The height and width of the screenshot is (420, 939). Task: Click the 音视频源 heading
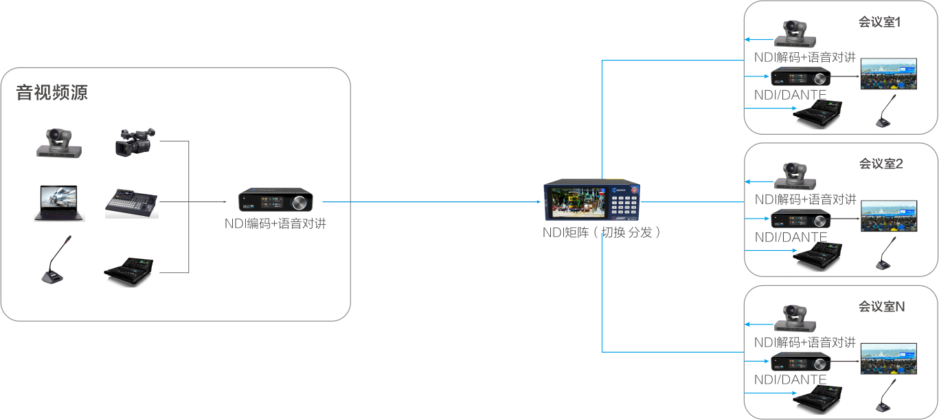pyautogui.click(x=52, y=93)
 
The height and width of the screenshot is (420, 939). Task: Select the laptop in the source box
pyautogui.click(x=59, y=203)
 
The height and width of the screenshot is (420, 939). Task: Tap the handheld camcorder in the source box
pyautogui.click(x=134, y=142)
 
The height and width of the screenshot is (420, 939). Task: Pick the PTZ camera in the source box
pyautogui.click(x=58, y=142)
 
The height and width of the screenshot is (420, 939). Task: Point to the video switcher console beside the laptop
pyautogui.click(x=131, y=203)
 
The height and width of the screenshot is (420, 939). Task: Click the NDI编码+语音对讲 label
pyautogui.click(x=275, y=223)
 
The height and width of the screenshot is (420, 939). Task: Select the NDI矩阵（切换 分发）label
pyautogui.click(x=601, y=232)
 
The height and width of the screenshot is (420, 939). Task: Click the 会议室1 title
pyautogui.click(x=879, y=23)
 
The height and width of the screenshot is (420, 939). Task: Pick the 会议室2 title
pyautogui.click(x=881, y=164)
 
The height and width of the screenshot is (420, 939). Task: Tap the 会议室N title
pyautogui.click(x=881, y=307)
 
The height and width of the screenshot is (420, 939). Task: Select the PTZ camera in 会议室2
pyautogui.click(x=795, y=176)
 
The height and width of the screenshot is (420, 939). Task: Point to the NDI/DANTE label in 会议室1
pyautogui.click(x=790, y=94)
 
